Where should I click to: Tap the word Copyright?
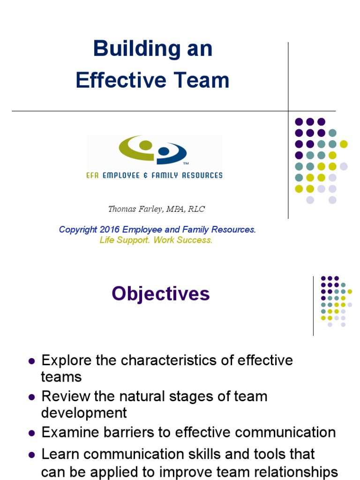(x=78, y=230)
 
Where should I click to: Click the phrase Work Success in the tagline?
(x=183, y=240)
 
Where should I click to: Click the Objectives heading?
(x=161, y=294)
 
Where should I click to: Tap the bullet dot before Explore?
(x=32, y=361)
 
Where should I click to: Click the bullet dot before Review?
(x=32, y=397)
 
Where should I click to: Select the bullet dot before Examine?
(x=32, y=433)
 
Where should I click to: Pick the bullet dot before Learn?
(x=32, y=455)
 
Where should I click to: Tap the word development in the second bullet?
(x=84, y=413)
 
